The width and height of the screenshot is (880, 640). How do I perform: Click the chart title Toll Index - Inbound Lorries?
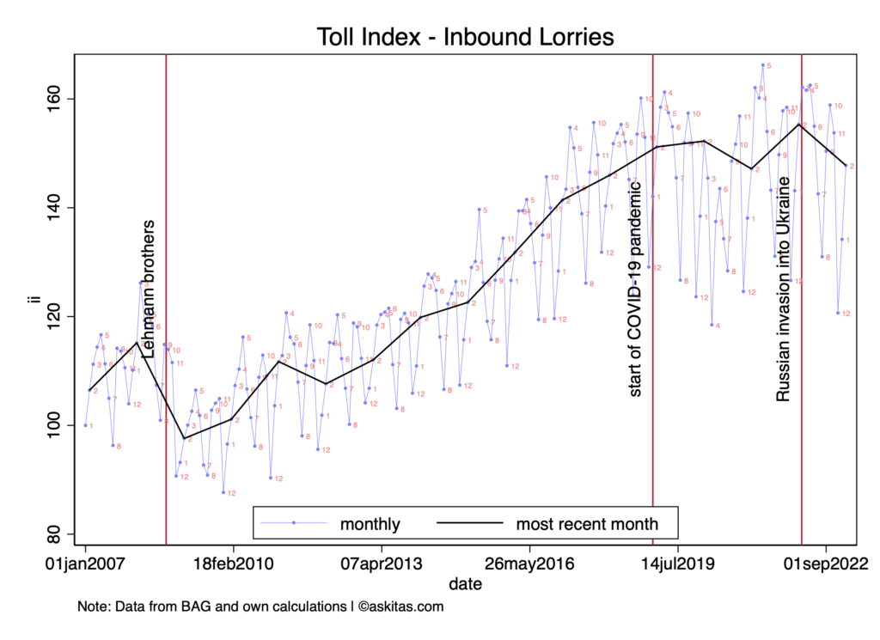(x=464, y=37)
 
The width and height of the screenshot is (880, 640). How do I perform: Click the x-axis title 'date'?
(x=464, y=583)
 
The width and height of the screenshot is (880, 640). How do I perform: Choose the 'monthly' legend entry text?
(x=370, y=523)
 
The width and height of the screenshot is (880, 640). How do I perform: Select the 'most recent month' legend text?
(x=587, y=523)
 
